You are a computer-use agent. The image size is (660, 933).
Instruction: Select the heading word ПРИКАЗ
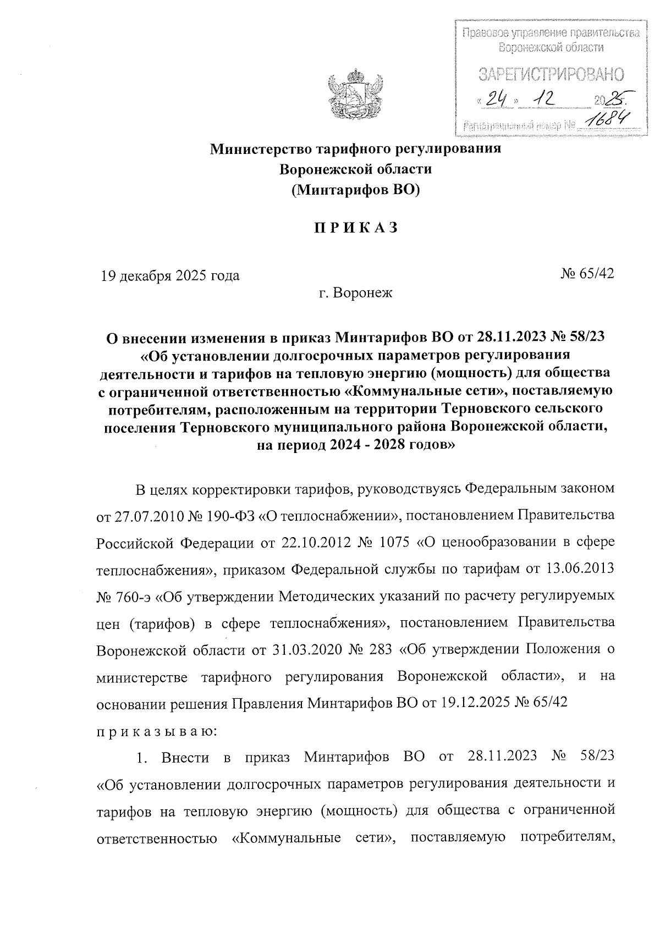coord(355,228)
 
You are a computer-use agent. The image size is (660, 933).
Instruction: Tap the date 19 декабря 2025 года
coord(170,275)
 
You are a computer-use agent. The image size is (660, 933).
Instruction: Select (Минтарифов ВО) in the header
coord(355,190)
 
